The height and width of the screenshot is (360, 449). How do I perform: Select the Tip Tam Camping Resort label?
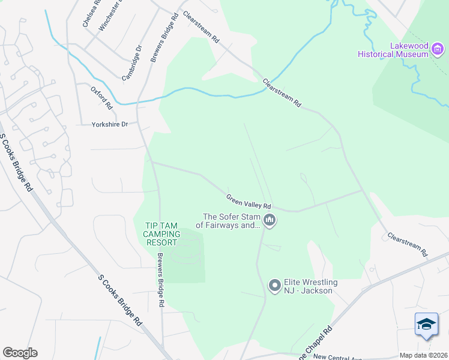[x=163, y=234]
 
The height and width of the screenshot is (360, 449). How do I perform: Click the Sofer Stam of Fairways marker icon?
[x=270, y=221]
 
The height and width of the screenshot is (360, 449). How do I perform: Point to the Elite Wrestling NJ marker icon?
[x=275, y=286]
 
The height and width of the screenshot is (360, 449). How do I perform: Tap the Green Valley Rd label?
[x=249, y=202]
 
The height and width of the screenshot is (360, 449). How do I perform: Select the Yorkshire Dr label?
[x=110, y=125]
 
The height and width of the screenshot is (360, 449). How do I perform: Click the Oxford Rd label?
[x=102, y=97]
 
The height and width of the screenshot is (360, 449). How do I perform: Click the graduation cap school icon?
[x=426, y=325]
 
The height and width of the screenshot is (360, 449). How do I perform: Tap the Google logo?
[x=20, y=353]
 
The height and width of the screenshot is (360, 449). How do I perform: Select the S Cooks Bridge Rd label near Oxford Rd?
[x=16, y=163]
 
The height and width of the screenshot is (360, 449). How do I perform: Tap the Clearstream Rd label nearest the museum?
[x=282, y=93]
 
